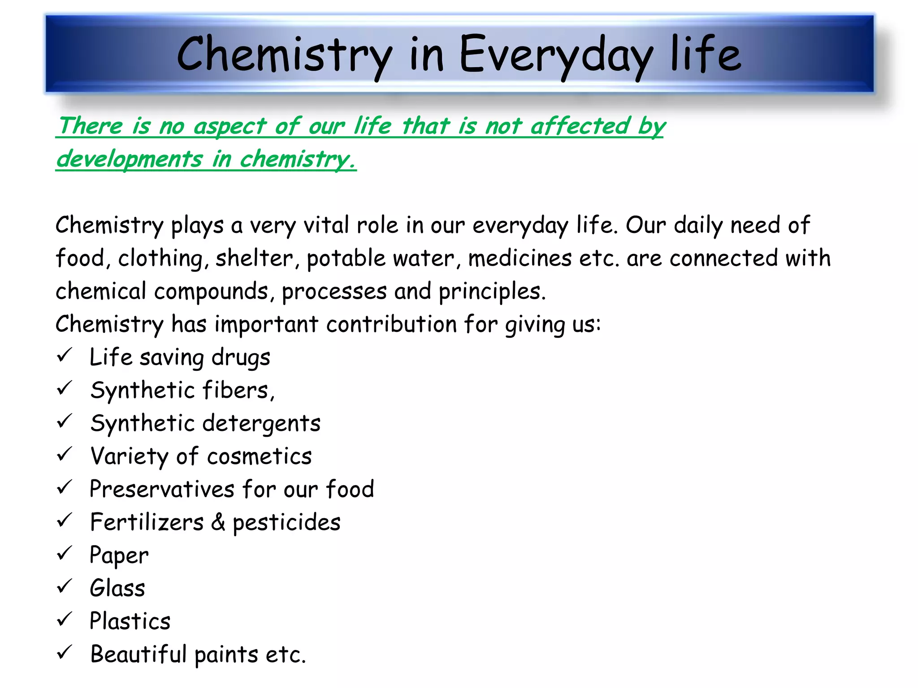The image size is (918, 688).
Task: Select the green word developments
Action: [130, 159]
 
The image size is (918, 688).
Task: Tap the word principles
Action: [492, 292]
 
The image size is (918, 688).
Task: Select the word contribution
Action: [391, 324]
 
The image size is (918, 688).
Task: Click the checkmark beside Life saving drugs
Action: [65, 356]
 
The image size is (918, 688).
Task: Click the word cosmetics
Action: [259, 456]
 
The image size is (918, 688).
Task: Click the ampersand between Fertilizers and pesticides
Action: [218, 522]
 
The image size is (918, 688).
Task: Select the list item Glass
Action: [117, 588]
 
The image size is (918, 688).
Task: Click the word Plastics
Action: [130, 621]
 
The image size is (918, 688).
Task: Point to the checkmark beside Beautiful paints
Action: [65, 653]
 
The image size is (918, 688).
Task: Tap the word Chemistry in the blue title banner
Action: [283, 55]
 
